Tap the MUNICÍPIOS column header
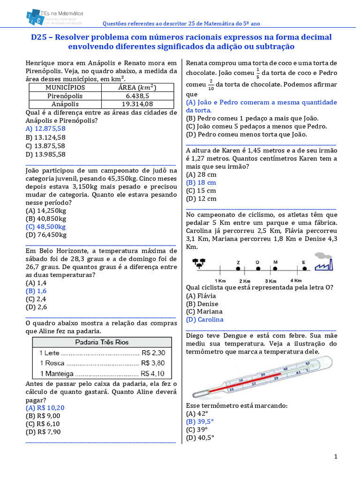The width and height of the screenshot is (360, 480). (x=65, y=87)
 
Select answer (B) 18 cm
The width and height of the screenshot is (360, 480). (x=201, y=182)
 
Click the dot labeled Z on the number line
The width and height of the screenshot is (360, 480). (x=238, y=269)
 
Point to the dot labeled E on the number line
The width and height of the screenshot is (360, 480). (x=305, y=269)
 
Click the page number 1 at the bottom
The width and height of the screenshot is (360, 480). (x=336, y=457)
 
